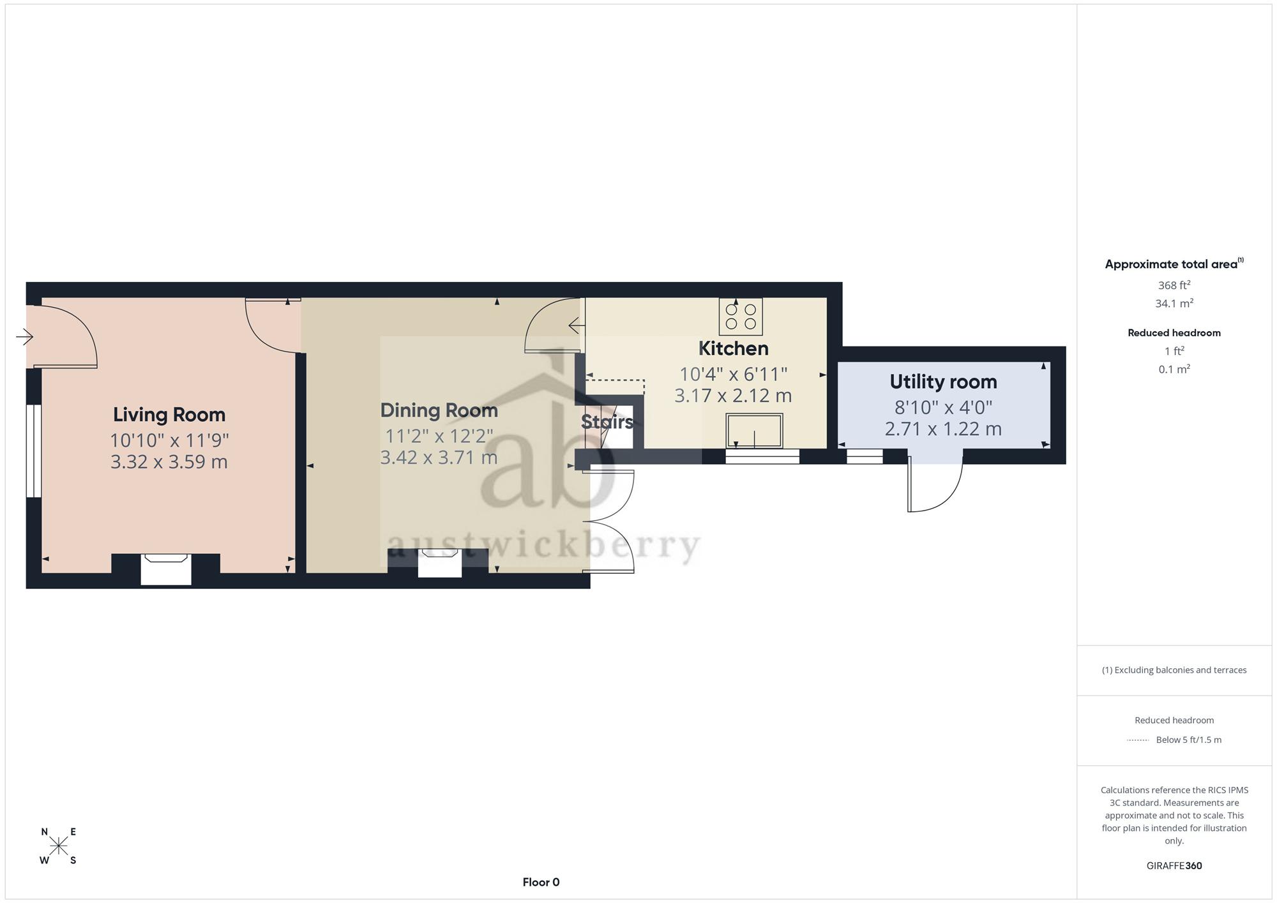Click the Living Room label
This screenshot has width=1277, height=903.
[169, 415]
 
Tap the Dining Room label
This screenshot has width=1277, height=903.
[439, 410]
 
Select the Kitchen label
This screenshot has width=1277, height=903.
[733, 348]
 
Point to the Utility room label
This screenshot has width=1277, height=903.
[943, 382]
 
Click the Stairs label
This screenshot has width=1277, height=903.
[607, 421]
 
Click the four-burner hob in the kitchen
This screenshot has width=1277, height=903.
[741, 317]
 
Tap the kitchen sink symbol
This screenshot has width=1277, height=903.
[754, 431]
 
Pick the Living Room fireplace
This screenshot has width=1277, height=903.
[166, 569]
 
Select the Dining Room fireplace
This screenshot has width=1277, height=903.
[440, 563]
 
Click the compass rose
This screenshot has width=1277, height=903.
[58, 846]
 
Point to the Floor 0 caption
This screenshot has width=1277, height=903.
[541, 882]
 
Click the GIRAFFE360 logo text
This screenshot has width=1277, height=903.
[1174, 866]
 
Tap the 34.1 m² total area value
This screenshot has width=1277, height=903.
[1174, 303]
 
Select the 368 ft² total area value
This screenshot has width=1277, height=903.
[1174, 285]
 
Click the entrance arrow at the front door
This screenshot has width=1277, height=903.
[24, 336]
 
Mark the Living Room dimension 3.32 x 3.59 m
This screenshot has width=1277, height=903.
[169, 461]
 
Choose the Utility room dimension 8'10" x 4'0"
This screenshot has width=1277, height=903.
[943, 407]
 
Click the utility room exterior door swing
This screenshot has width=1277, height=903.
[935, 480]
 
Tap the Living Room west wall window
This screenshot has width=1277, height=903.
[34, 451]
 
